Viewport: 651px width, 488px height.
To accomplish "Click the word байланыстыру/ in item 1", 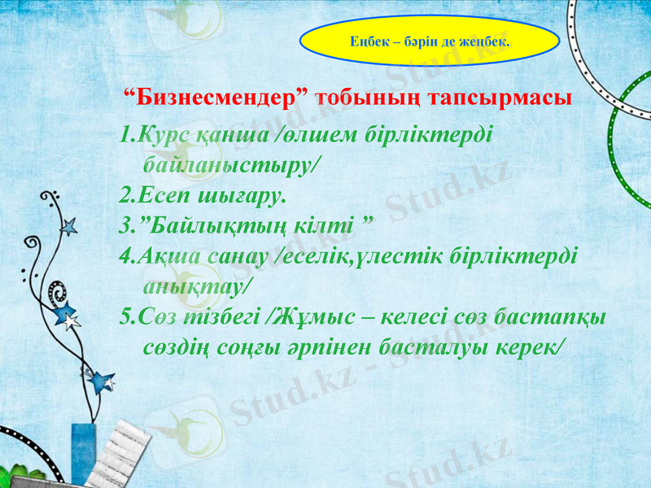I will pos(232,165).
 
